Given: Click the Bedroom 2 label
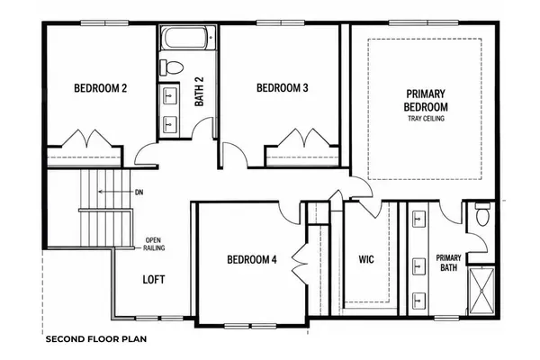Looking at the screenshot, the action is click(x=101, y=88).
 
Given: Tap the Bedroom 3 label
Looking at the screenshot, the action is click(x=283, y=88).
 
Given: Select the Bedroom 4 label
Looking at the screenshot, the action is click(x=252, y=259).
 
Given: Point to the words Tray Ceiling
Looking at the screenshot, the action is click(x=426, y=119).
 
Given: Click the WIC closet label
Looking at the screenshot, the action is click(x=366, y=259).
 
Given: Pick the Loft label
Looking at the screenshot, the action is click(x=154, y=279).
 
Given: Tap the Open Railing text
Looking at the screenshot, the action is click(x=154, y=244).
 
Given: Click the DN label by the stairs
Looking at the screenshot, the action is click(x=139, y=193).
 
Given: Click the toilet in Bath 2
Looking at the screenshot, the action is click(x=171, y=67).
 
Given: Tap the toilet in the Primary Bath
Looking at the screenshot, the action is click(x=482, y=213).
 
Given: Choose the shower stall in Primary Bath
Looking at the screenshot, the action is click(x=481, y=291).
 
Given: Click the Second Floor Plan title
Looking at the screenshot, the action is click(x=96, y=339).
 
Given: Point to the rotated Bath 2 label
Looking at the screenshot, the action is click(x=199, y=91).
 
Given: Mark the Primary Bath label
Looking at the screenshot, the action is click(x=448, y=263).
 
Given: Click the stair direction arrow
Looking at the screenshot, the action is click(x=116, y=192).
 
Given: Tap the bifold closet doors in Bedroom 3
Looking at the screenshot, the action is click(x=304, y=138).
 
